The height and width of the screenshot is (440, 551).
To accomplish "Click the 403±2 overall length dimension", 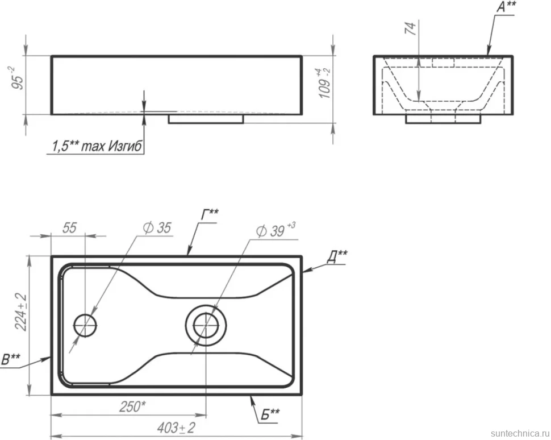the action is pos(176,427).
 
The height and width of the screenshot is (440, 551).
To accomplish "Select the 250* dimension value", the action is pos(132,407).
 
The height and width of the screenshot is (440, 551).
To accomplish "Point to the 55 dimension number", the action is pos(69,227).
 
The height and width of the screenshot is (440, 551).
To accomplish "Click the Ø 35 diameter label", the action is pos(157,228).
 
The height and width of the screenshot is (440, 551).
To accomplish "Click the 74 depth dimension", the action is pos(411,28).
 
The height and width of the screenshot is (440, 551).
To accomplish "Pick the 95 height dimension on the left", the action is pos(18,78).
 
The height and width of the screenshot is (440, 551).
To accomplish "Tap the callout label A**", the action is pos(506,7).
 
